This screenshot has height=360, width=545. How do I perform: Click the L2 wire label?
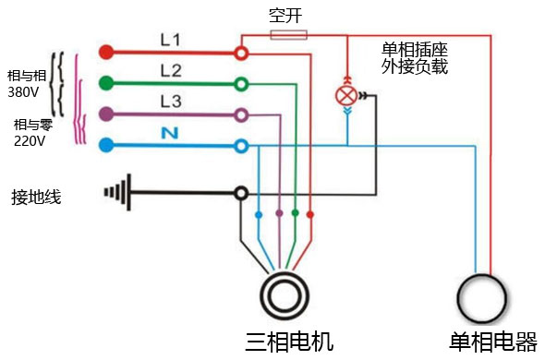tap(171, 70)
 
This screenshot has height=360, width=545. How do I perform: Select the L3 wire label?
tap(171, 101)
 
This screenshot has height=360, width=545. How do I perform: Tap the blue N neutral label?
tap(169, 132)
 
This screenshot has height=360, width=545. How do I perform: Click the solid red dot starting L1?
tap(105, 52)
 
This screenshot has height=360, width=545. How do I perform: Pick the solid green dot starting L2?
tap(105, 83)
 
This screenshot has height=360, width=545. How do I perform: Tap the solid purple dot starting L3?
tap(105, 114)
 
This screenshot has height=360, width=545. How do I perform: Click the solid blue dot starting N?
tap(105, 145)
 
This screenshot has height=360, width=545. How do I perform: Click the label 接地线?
tap(36, 197)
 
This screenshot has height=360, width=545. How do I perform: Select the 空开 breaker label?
tap(283, 17)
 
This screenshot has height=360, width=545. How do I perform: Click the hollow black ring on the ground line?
tap(241, 193)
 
